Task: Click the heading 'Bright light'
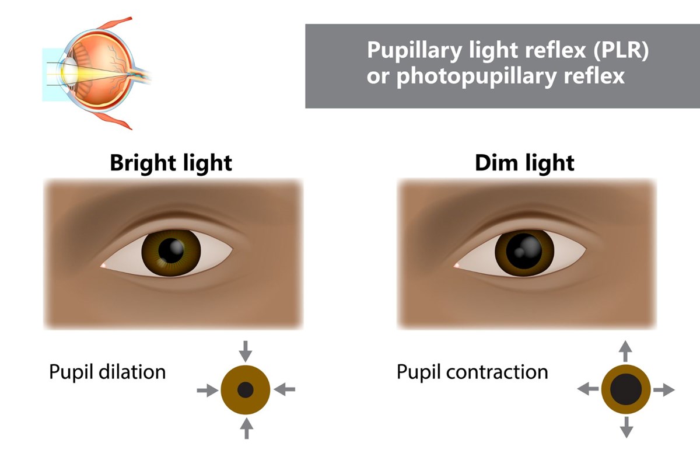coord(171,163)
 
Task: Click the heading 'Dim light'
coord(524,163)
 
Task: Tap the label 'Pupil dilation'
coord(107,372)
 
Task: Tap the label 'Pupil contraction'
coord(472,372)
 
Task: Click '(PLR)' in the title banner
coord(621,50)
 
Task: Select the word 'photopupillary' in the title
coord(476,76)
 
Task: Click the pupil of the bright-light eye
coord(171,250)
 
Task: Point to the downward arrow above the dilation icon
coord(246,351)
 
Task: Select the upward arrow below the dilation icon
coord(247,428)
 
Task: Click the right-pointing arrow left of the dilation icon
coord(208,391)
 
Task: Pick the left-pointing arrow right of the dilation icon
coord(285,389)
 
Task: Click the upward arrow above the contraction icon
coord(625,351)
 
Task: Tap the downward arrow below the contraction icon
coord(626,427)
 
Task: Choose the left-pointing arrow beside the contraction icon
coord(588,389)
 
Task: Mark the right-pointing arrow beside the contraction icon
coord(664,390)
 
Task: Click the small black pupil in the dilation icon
coord(246,390)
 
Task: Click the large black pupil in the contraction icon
coord(626,389)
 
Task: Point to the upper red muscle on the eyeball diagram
coord(116,23)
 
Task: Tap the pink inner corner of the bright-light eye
coord(103,266)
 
